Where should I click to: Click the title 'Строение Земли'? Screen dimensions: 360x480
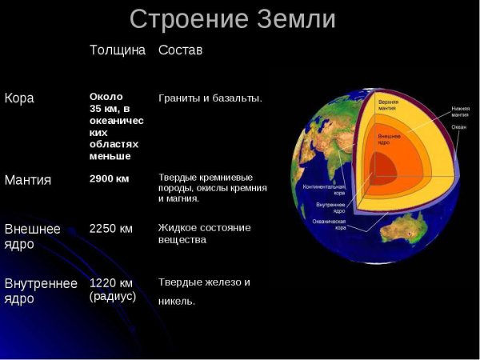[x=233, y=18]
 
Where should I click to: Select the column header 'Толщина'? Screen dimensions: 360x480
[x=118, y=50]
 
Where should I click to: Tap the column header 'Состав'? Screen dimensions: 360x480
[x=180, y=50]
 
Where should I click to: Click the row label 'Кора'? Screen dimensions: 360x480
[x=19, y=98]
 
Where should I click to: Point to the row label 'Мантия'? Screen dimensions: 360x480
[x=28, y=180]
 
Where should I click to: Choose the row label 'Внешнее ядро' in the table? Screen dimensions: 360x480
[x=32, y=236]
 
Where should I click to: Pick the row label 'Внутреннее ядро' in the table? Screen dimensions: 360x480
[x=41, y=290]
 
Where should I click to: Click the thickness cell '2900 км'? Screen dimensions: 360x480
[x=109, y=178]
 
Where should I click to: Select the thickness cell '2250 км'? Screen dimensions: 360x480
[x=110, y=228]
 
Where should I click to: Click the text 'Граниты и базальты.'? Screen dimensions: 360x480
[x=210, y=98]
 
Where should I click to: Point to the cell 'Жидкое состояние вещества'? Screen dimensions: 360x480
[x=204, y=234]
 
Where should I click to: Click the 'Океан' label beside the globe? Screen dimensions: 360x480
[x=458, y=127]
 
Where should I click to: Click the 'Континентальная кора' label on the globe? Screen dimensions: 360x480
[x=323, y=190]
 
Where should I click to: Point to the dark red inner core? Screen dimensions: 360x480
[x=382, y=169]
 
